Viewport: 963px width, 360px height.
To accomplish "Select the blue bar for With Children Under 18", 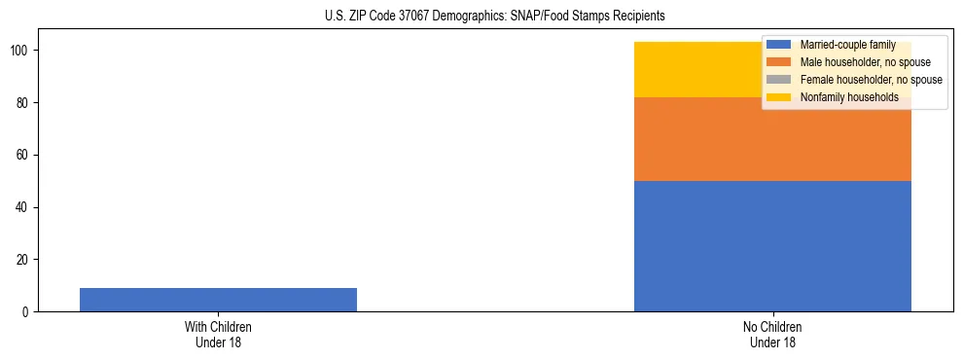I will click(218, 300).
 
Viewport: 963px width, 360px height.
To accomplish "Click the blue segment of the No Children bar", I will click(772, 246).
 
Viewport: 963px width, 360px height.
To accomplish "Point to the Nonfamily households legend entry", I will click(849, 97).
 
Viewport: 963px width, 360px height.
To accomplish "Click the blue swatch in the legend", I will click(778, 45).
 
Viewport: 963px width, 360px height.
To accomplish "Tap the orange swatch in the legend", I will click(778, 62).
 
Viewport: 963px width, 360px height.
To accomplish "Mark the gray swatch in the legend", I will click(778, 80).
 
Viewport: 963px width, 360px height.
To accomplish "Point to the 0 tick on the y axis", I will click(27, 312).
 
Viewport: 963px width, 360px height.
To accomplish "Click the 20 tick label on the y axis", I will click(24, 260).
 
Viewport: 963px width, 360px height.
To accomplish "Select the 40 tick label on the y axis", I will click(24, 207).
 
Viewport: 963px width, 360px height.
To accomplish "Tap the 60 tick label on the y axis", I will click(24, 155).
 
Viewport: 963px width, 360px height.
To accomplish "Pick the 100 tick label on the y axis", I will click(21, 51).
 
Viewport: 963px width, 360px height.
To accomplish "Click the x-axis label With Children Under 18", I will click(218, 334).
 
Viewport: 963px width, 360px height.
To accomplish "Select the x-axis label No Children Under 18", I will click(772, 334).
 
